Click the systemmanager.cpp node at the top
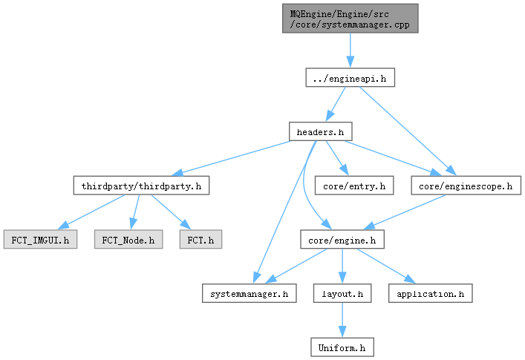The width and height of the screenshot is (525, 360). pyautogui.click(x=350, y=19)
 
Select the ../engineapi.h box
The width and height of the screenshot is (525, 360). pyautogui.click(x=350, y=78)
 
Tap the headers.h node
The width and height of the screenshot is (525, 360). pyautogui.click(x=321, y=131)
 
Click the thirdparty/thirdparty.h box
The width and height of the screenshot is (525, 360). pyautogui.click(x=141, y=186)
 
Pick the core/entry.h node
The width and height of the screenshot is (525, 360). pyautogui.click(x=354, y=186)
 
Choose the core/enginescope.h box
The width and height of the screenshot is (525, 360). pyautogui.click(x=466, y=186)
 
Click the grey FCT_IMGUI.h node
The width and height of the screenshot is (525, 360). pyautogui.click(x=41, y=239)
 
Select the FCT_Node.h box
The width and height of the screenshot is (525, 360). pyautogui.click(x=128, y=239)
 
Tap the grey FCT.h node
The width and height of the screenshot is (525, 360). pyautogui.click(x=200, y=239)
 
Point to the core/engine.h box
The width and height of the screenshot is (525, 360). pyautogui.click(x=342, y=239)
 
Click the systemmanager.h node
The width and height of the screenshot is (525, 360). pyautogui.click(x=249, y=293)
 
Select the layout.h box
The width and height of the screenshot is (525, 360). pyautogui.click(x=342, y=293)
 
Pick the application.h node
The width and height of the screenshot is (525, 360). pyautogui.click(x=430, y=293)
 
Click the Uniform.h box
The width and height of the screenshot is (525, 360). pyautogui.click(x=342, y=347)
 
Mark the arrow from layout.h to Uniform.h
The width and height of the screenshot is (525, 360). pyautogui.click(x=342, y=320)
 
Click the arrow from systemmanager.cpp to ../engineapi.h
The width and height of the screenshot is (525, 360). pyautogui.click(x=350, y=50)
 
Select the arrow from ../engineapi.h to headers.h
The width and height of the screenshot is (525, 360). pyautogui.click(x=336, y=104)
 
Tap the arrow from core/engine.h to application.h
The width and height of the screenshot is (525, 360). pyautogui.click(x=386, y=266)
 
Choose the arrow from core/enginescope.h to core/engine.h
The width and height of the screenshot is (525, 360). pyautogui.click(x=404, y=212)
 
